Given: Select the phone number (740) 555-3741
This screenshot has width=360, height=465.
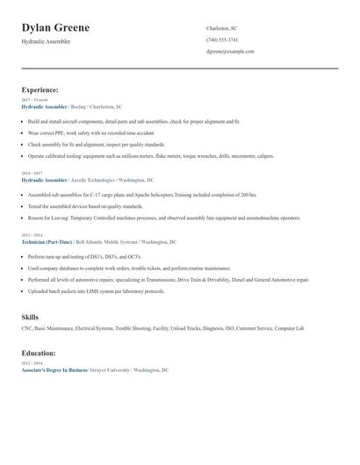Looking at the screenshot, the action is (222, 39).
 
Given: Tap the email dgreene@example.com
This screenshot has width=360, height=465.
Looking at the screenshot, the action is (230, 52).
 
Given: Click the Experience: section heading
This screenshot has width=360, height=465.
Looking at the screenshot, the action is (40, 89).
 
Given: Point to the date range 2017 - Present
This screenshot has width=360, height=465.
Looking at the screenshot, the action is (32, 100).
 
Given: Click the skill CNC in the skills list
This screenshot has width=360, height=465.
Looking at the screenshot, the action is (26, 328).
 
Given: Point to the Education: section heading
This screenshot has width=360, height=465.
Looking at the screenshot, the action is (39, 354).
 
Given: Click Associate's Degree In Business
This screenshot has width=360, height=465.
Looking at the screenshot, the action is (54, 370).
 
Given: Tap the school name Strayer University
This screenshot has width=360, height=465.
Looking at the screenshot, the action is (110, 370).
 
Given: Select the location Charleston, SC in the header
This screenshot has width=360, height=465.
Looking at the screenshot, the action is (222, 28).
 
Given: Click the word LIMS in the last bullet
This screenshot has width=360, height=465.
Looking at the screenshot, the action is (71, 290).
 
